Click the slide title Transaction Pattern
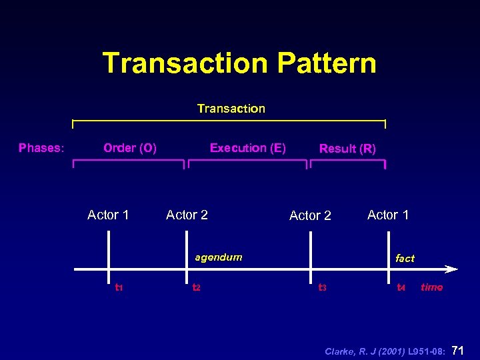pos(239,63)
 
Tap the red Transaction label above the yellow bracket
pos(231,109)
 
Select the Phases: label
pos(41,148)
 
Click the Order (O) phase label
pos(130,148)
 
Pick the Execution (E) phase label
pos(247,148)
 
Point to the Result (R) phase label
pos(347,149)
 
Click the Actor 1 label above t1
pos(108,215)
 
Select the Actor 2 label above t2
pos(187,215)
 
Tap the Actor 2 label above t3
pos(310,215)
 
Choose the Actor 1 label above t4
pos(388,215)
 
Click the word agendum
pos(218,257)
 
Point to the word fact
pos(405,258)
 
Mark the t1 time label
pos(119,288)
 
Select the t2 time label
pos(197,288)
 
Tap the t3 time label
pos(322,288)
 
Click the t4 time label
pos(401,288)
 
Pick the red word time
pos(431,287)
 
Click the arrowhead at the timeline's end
pos(451,269)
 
